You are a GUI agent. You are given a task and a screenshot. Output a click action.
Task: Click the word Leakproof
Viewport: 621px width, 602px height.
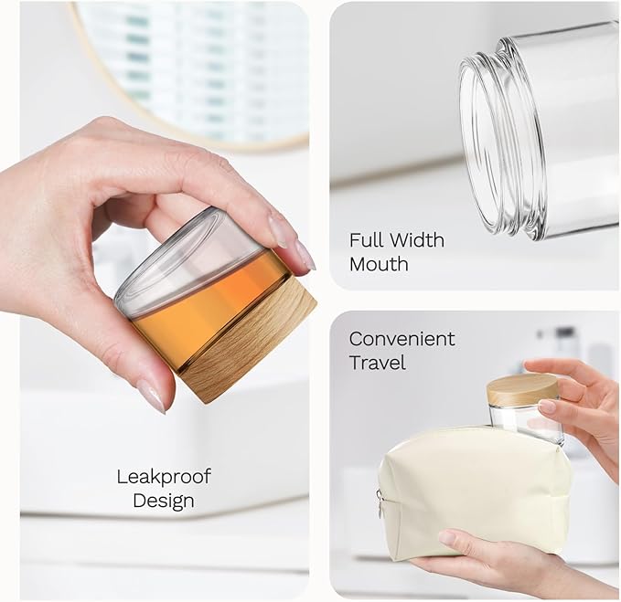point(164,478)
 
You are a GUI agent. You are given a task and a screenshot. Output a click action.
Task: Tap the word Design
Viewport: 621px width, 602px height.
point(164,501)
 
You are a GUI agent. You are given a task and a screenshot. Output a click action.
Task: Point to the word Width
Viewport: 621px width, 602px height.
point(415,240)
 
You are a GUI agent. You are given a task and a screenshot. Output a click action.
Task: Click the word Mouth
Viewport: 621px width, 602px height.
point(379,264)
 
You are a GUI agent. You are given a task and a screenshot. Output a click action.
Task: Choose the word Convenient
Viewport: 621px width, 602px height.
point(402,339)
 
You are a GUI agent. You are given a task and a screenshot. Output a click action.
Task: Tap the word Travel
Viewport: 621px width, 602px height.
point(378,363)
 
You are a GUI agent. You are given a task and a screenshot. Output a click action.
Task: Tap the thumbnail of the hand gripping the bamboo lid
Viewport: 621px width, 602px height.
point(549,407)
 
